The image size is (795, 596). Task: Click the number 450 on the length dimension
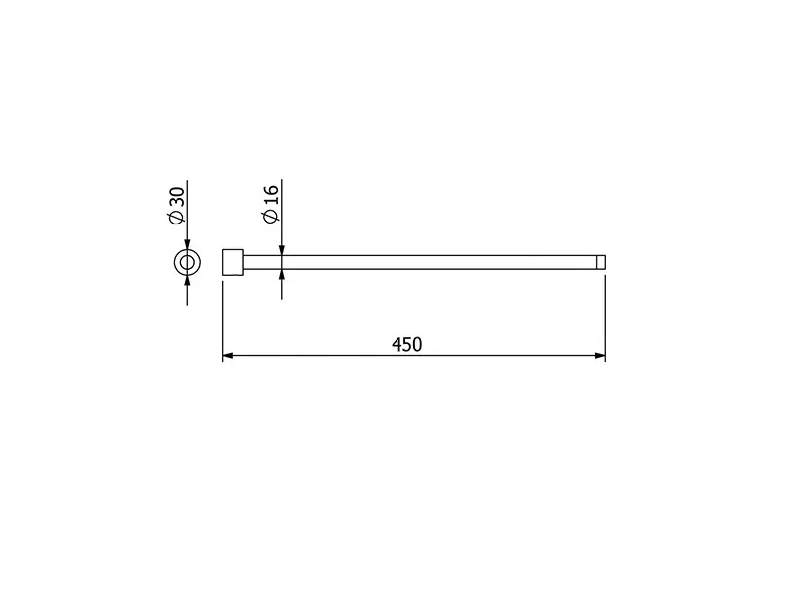(406, 344)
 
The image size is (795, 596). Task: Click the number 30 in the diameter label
(177, 197)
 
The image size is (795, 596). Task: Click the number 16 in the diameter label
(271, 195)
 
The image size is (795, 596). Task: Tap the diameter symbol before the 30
(177, 217)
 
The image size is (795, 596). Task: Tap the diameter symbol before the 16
(271, 215)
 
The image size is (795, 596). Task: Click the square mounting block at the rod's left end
(233, 262)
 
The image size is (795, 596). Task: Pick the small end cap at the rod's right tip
(601, 262)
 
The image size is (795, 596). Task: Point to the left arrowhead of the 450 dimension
(228, 356)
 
